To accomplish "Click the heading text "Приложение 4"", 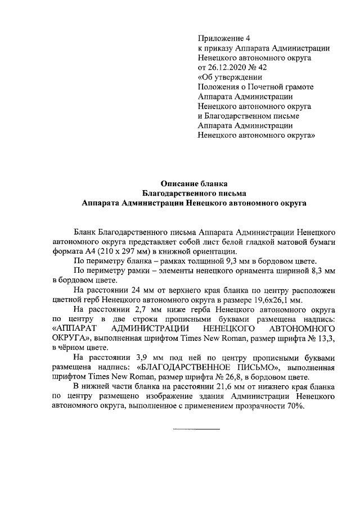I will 223,38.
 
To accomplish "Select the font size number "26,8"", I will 209,377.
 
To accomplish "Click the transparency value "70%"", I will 292,407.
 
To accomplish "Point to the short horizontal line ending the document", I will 196,430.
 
